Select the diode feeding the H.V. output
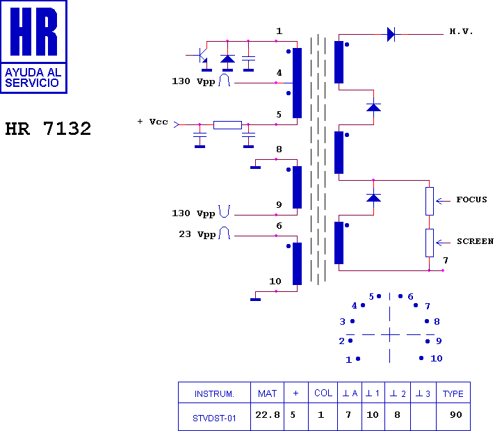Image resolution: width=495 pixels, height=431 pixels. click(391, 34)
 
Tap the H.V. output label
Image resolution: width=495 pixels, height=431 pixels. click(461, 31)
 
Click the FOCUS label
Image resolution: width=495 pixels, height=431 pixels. click(471, 200)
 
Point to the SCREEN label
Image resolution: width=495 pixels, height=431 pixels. click(475, 241)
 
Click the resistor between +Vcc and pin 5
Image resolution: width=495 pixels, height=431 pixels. click(227, 125)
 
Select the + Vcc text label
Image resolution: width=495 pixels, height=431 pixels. click(152, 122)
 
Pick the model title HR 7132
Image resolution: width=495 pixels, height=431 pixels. click(48, 129)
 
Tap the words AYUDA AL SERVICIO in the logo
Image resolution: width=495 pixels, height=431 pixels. click(33, 77)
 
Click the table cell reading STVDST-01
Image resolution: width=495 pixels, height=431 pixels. click(214, 418)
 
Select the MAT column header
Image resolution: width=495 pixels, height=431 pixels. click(267, 393)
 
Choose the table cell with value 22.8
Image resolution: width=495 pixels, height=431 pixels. click(268, 414)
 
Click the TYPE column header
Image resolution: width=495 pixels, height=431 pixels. click(453, 393)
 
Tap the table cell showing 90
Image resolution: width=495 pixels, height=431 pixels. click(456, 414)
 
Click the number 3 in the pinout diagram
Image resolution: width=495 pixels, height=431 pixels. click(342, 322)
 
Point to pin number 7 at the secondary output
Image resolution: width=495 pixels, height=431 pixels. click(446, 261)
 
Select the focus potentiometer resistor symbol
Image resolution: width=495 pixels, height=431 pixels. click(430, 201)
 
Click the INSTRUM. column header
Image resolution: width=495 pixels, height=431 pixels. click(214, 393)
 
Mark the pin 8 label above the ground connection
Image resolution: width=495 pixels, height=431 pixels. click(279, 149)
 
